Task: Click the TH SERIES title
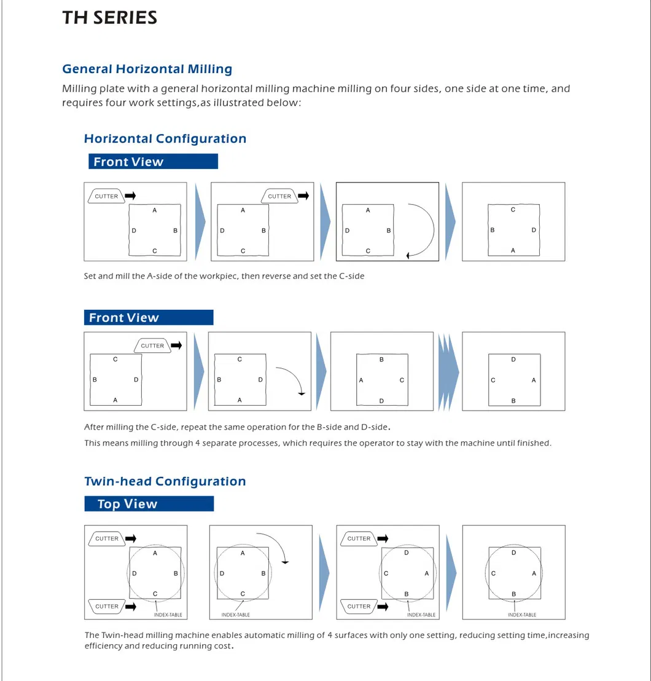click(x=109, y=17)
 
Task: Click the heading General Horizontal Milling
click(x=147, y=69)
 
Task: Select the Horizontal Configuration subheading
click(x=165, y=138)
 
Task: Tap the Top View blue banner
click(x=149, y=504)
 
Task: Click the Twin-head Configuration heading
click(x=165, y=481)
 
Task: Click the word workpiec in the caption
click(x=219, y=276)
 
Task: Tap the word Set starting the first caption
click(x=90, y=276)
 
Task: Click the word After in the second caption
click(x=95, y=427)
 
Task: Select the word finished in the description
click(x=534, y=443)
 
